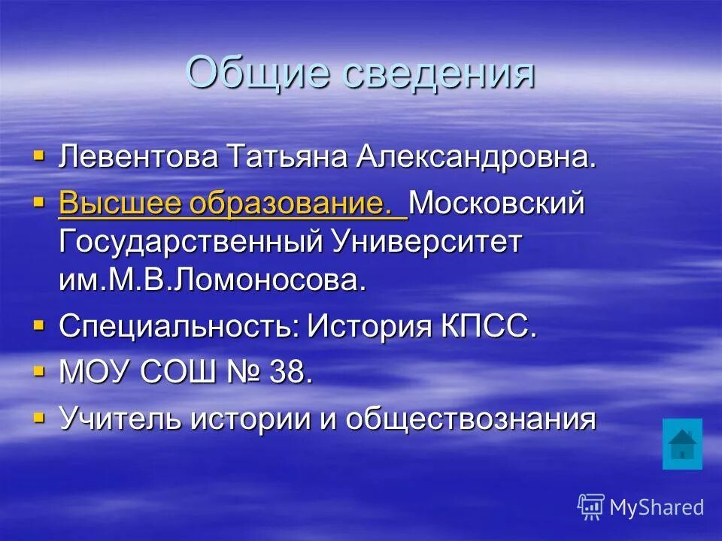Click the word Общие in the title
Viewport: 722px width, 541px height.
click(x=256, y=74)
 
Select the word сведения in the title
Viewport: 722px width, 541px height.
click(x=436, y=74)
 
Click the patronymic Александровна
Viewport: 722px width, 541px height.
click(x=476, y=157)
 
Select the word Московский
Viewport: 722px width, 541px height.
click(x=498, y=204)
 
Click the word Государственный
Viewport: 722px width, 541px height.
click(x=188, y=243)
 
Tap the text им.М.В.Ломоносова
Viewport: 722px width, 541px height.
click(x=213, y=281)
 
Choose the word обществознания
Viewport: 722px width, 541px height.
click(x=471, y=419)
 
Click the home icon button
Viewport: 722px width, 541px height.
click(x=682, y=444)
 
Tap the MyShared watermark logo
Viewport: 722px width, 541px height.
click(x=640, y=507)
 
